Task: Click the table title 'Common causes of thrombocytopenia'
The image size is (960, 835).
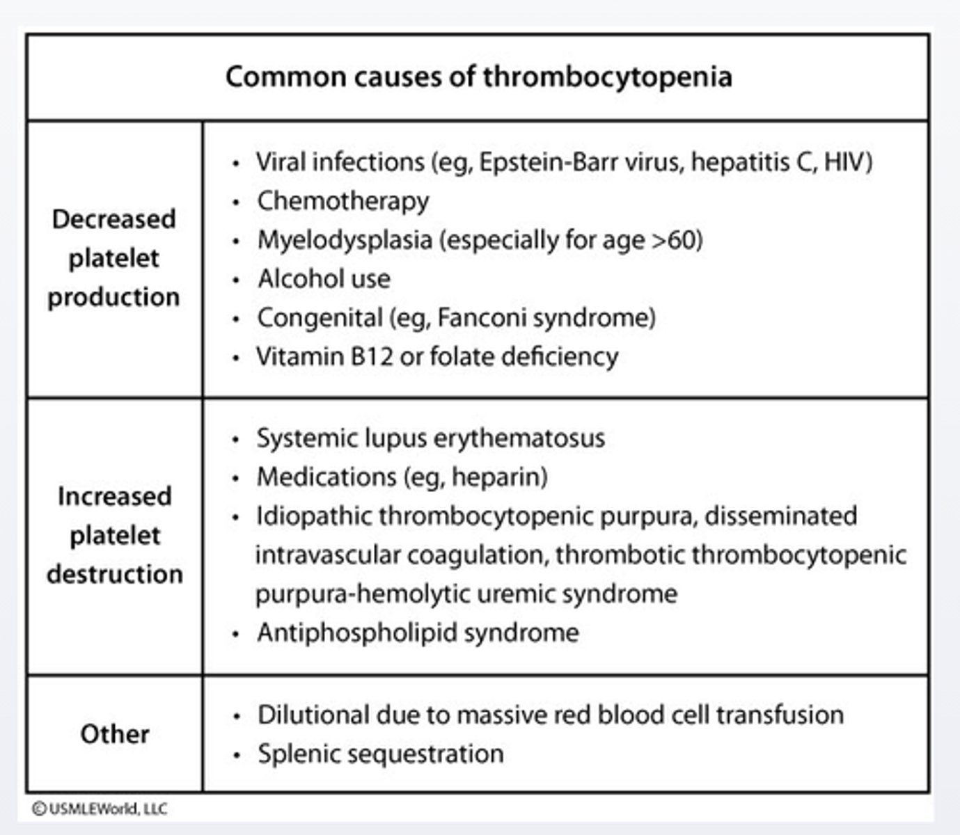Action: point(478,77)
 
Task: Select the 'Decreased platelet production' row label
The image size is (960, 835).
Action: point(113,258)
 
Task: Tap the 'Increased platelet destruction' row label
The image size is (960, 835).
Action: point(115,535)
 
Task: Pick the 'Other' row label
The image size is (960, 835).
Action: point(115,734)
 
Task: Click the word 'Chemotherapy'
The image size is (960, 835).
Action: point(343,201)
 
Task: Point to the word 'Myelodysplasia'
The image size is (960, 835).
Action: point(345,240)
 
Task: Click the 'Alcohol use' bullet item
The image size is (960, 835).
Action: point(324,279)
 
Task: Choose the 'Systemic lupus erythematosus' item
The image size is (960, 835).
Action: point(430,438)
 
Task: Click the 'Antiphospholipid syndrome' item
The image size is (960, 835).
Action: point(418,633)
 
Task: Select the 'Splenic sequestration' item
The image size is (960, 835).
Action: point(380,754)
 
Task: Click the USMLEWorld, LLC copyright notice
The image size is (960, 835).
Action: point(100,809)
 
